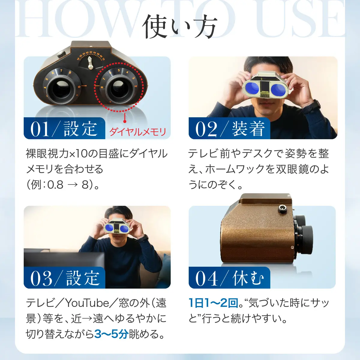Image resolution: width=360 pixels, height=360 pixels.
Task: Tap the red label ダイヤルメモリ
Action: [138, 132]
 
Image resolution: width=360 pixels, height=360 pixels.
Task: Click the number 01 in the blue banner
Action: [40, 129]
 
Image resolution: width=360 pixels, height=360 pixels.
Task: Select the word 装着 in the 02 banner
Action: [248, 129]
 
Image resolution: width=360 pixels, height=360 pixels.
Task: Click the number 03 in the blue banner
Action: [41, 278]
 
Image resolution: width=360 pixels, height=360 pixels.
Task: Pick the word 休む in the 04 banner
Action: [248, 278]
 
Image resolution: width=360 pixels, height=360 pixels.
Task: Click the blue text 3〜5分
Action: [111, 334]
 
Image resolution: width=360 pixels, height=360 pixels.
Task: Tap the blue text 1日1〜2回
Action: [213, 303]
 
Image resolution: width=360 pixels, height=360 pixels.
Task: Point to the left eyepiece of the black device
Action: [61, 89]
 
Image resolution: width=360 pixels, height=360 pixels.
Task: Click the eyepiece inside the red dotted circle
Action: [119, 88]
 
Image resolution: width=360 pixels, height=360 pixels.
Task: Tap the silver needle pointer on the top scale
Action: [90, 63]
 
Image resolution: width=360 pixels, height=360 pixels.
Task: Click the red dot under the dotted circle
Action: [125, 121]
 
